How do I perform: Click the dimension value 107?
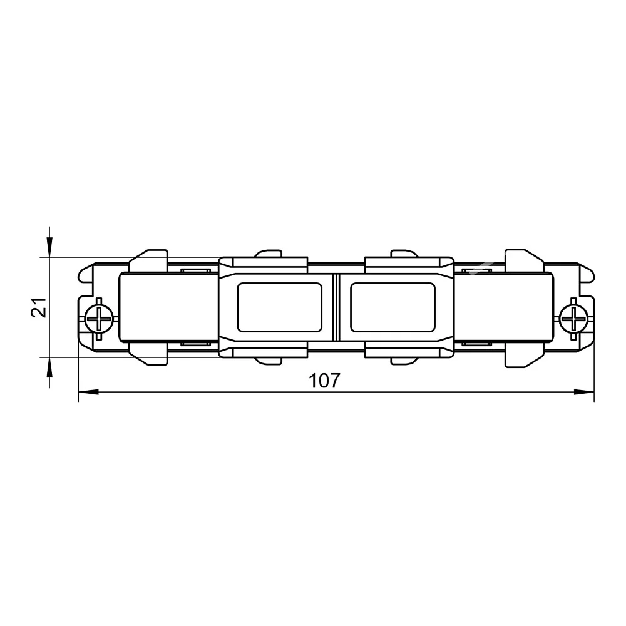pyautogui.click(x=324, y=381)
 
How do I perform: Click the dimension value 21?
pyautogui.click(x=39, y=307)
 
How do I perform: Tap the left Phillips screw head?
pyautogui.click(x=99, y=319)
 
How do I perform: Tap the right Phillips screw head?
pyautogui.click(x=573, y=319)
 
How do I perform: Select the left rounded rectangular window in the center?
pyautogui.click(x=279, y=307)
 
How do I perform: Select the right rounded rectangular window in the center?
pyautogui.click(x=393, y=307)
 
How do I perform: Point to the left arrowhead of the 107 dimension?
pyautogui.click(x=88, y=392)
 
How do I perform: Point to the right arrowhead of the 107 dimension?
pyautogui.click(x=584, y=392)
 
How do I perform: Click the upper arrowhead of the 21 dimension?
pyautogui.click(x=49, y=247)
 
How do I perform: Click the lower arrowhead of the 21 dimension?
pyautogui.click(x=49, y=367)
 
